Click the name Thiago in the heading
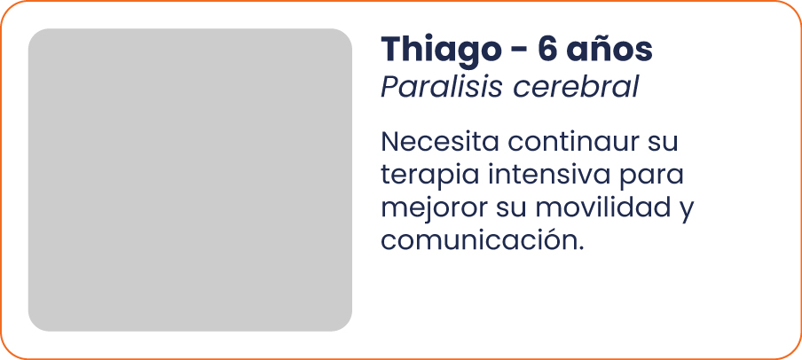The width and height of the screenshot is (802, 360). coord(442,51)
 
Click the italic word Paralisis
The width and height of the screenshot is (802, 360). coord(442,88)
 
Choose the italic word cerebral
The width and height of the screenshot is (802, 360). coord(576,88)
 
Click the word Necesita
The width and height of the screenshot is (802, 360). coord(439,142)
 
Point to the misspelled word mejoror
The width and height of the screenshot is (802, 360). coord(435,208)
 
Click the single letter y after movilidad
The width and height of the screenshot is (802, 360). coord(687,212)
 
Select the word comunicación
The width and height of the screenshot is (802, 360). coord(479,240)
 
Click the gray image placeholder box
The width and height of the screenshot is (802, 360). coord(190,180)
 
